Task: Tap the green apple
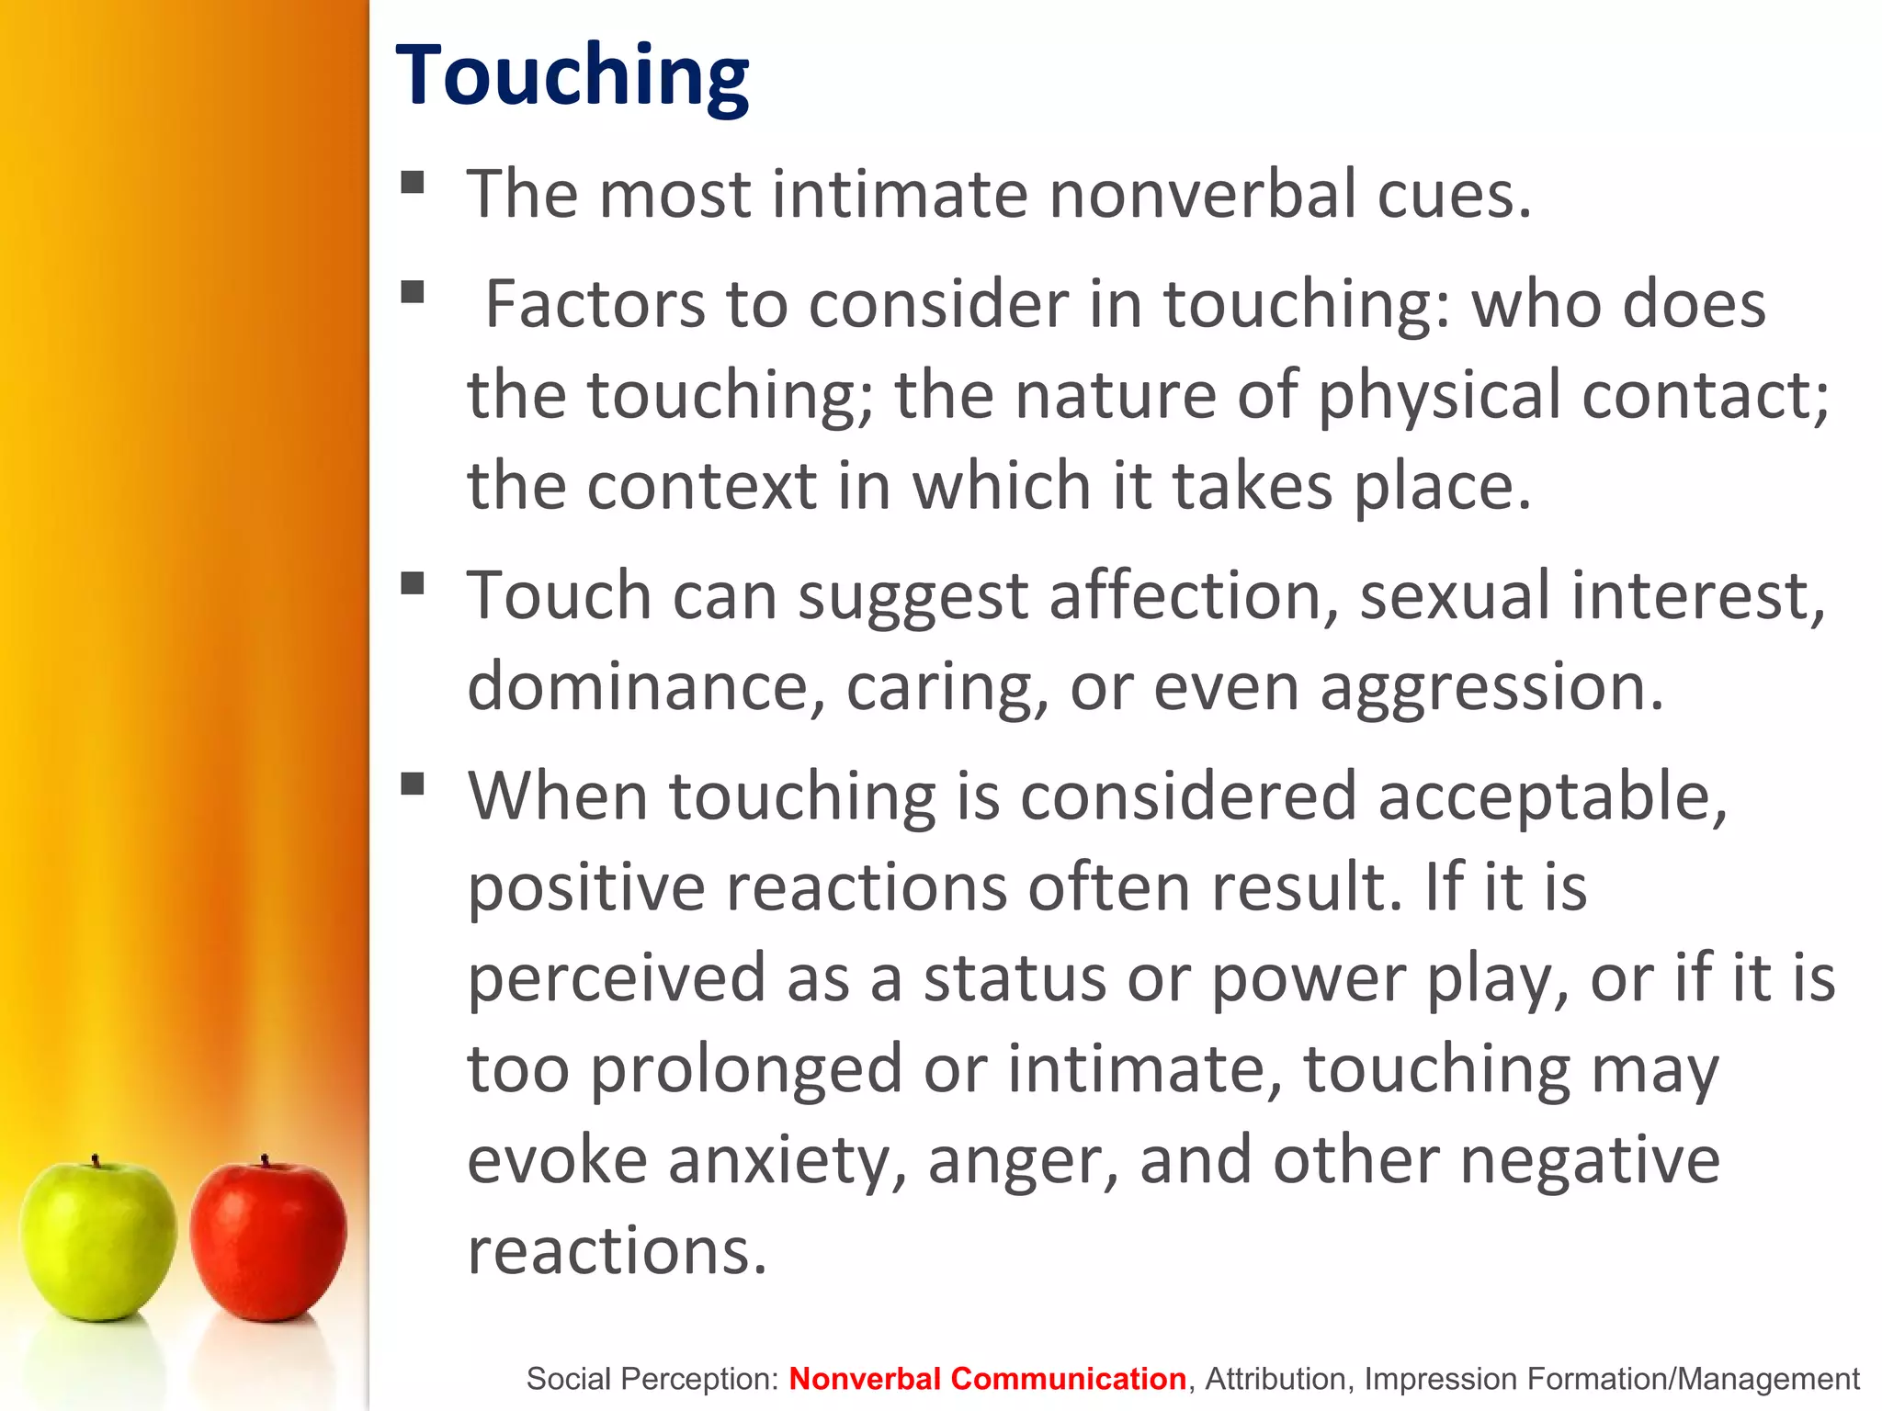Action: click(97, 1240)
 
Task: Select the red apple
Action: click(268, 1240)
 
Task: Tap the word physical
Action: click(1439, 395)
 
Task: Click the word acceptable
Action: click(1552, 796)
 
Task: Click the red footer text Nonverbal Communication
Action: click(987, 1379)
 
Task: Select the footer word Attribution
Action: click(1275, 1379)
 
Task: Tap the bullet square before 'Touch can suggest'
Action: click(413, 583)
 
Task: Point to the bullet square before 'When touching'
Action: click(413, 784)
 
